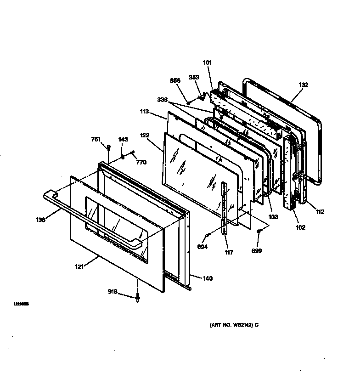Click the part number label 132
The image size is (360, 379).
tap(303, 85)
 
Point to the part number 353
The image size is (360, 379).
tap(194, 77)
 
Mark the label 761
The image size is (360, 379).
tap(96, 139)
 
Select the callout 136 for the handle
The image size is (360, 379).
tap(41, 220)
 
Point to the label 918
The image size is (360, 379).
tap(113, 291)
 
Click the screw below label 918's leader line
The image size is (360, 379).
tap(138, 298)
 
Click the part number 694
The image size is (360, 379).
tap(202, 247)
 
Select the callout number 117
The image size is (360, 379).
tap(229, 252)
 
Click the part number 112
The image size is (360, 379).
tap(320, 212)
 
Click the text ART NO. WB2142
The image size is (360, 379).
tap(231, 325)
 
